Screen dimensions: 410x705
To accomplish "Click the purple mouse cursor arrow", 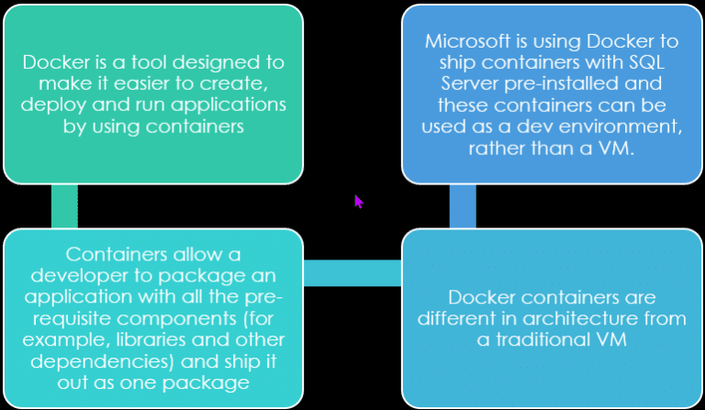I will point(359,201).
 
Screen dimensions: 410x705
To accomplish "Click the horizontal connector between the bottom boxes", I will point(352,272).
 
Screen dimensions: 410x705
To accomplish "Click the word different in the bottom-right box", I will point(458,318).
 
